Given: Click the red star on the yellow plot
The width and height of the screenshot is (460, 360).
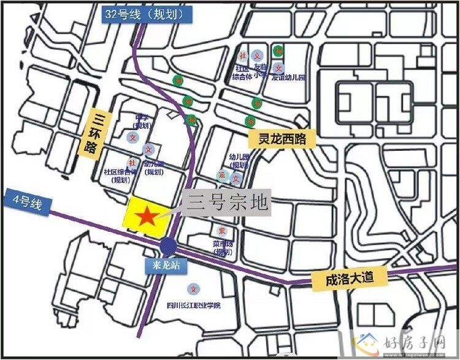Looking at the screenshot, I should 147,216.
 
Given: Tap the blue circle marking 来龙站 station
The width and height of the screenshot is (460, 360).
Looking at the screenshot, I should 168,246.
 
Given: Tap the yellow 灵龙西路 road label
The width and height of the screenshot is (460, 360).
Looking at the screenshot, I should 282,139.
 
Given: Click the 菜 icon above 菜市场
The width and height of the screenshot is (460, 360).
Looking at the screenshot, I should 221,231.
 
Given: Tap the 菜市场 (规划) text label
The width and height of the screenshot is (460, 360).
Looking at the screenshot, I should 222,248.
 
